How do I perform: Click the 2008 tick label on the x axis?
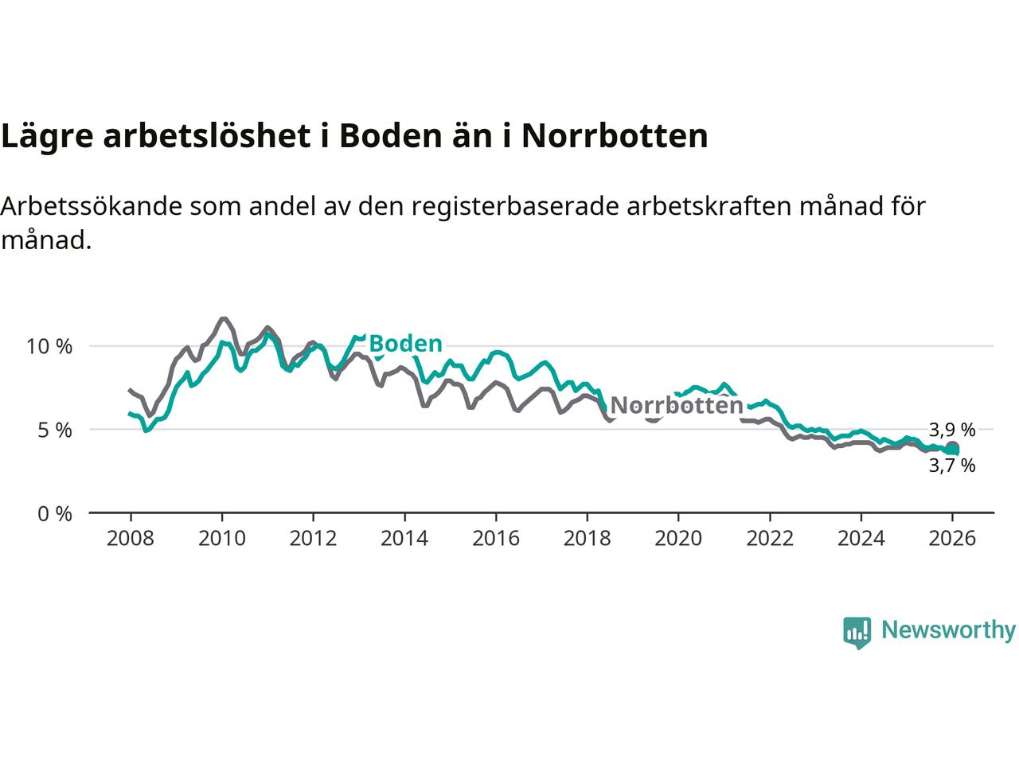(131, 539)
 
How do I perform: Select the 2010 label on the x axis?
(221, 539)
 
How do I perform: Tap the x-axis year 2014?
(404, 539)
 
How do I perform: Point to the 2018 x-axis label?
(587, 539)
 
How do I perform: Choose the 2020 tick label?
(678, 539)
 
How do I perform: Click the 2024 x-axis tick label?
(861, 539)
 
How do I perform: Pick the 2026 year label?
(952, 539)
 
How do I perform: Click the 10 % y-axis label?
(49, 347)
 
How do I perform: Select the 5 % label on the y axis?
(55, 431)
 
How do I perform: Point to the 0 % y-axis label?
(55, 514)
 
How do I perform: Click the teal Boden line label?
(405, 344)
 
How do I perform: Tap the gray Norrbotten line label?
(676, 406)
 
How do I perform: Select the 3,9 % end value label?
(952, 431)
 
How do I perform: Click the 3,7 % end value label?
(952, 466)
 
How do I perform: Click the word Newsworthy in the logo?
(948, 630)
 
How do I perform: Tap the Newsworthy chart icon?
(857, 633)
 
